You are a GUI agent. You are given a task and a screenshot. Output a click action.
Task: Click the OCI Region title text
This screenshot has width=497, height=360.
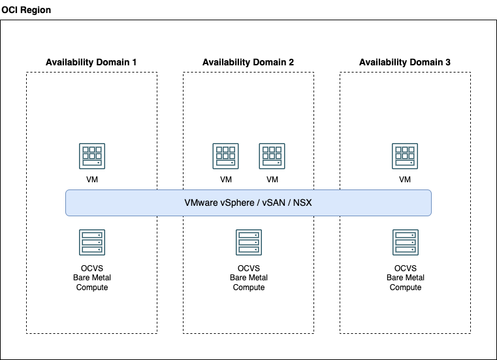pos(26,10)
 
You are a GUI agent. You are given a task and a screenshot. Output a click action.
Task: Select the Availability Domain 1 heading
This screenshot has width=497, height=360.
pos(91,62)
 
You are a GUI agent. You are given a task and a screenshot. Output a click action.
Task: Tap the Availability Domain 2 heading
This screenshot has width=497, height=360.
pos(248,62)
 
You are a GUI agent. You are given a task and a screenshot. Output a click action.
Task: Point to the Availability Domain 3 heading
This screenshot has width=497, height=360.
pos(405,62)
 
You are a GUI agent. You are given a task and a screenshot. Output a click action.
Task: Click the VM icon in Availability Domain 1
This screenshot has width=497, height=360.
pos(91,156)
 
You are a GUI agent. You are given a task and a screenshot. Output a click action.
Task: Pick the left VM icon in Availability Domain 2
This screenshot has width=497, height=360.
pos(225,156)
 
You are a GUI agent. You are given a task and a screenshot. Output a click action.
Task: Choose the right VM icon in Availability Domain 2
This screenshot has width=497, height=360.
pos(272,156)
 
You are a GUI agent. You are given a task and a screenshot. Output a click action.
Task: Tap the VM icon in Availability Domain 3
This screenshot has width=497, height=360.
pos(405,156)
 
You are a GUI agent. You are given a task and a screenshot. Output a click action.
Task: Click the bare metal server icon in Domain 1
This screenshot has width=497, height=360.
pos(91,242)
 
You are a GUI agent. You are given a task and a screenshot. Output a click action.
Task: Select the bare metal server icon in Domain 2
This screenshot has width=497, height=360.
pos(248,242)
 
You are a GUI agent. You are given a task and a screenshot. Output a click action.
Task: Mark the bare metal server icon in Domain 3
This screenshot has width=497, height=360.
pos(405,242)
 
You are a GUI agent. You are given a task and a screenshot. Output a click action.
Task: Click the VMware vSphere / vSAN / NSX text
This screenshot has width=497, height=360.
pos(248,203)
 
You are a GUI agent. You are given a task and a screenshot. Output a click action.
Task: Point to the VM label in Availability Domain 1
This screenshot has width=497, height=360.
pos(91,180)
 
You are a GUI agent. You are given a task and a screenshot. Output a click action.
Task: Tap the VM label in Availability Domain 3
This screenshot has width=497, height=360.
pos(405,180)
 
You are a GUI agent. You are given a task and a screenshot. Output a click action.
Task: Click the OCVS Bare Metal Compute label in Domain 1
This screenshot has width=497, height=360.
pos(91,278)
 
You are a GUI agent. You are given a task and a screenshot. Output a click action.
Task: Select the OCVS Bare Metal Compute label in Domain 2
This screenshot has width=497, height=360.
pos(248,278)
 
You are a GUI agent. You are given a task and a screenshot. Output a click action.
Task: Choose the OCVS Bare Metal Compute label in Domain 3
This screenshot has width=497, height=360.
pos(405,278)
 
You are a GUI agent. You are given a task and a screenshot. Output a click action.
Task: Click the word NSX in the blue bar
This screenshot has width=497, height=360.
pos(302,203)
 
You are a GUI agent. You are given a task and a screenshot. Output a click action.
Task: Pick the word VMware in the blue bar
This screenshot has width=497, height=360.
pos(200,203)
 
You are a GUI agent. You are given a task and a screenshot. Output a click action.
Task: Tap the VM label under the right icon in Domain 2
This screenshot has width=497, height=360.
pos(272,180)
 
